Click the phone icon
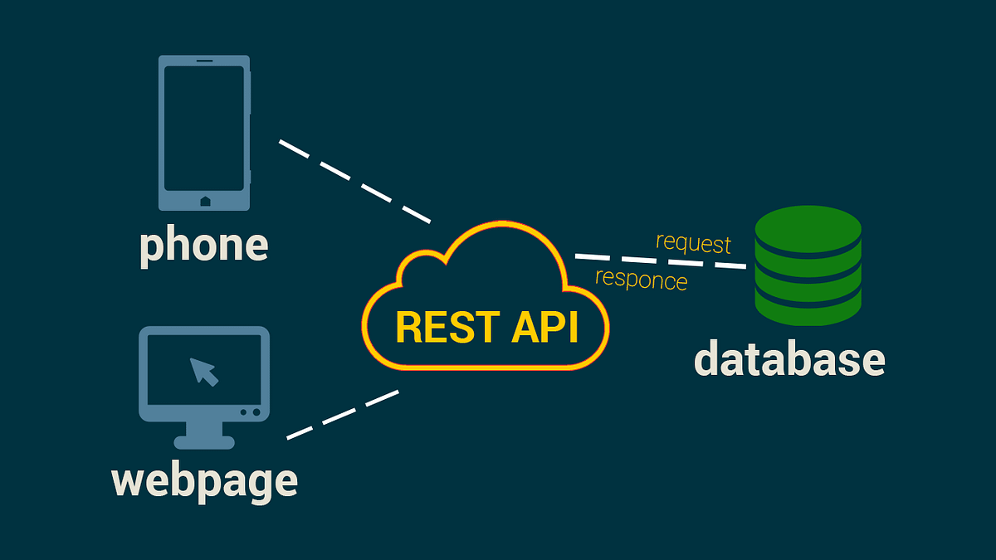(x=204, y=133)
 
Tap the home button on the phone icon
(x=205, y=201)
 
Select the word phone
(x=203, y=246)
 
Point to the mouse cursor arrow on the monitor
(x=203, y=371)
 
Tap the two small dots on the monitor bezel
(x=250, y=412)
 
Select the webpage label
(x=204, y=481)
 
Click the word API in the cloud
(x=544, y=327)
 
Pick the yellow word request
(x=693, y=243)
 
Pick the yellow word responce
(x=641, y=280)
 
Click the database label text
(x=789, y=359)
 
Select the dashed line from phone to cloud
(x=354, y=182)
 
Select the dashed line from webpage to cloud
(x=342, y=415)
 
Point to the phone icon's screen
(x=204, y=129)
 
